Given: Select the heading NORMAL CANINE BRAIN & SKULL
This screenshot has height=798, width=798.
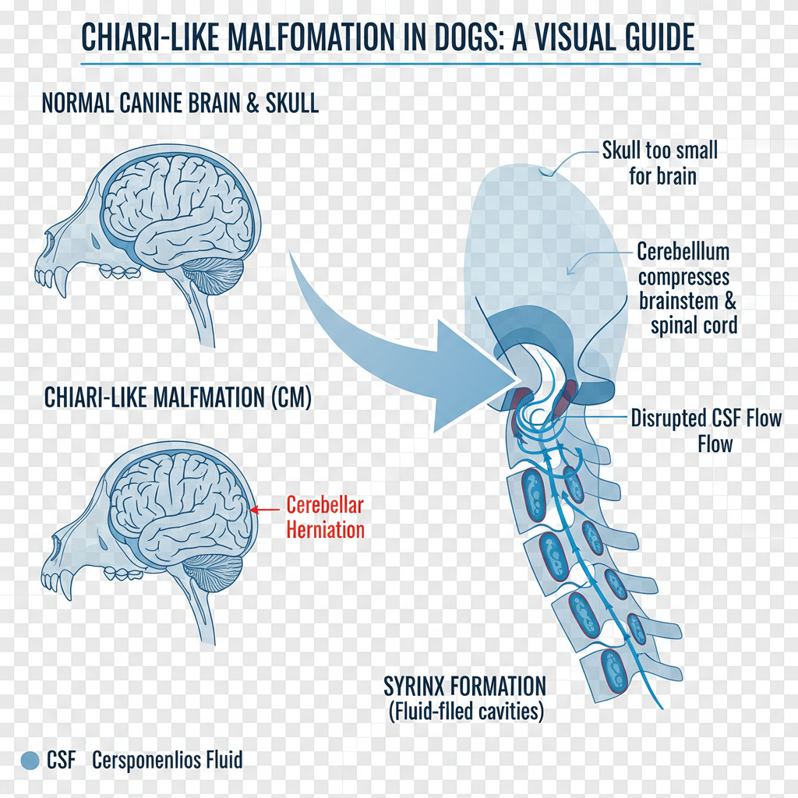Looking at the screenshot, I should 180,104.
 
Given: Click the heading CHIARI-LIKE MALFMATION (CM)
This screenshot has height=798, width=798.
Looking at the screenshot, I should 178,397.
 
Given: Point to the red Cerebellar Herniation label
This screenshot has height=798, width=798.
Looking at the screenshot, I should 325,517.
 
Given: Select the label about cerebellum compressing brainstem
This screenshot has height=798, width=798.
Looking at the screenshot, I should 687,288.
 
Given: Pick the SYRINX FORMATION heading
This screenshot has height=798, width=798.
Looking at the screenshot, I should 464,687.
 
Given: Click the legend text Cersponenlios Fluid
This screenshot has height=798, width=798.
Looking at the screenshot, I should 167,760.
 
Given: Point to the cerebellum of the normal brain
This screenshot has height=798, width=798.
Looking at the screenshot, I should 213,276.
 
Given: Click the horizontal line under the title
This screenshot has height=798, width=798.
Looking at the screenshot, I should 390,64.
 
